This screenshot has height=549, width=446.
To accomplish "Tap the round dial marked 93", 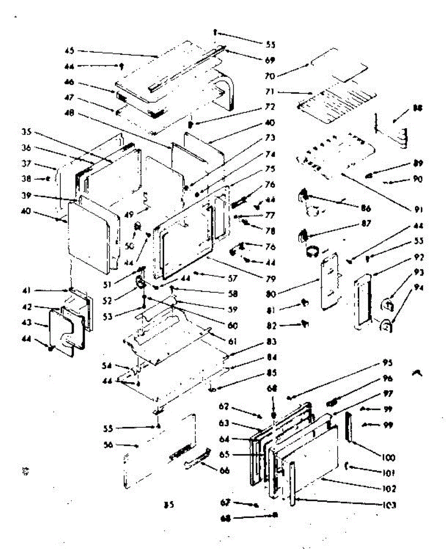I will point(387,303).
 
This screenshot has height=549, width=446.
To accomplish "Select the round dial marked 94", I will point(386,326).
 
